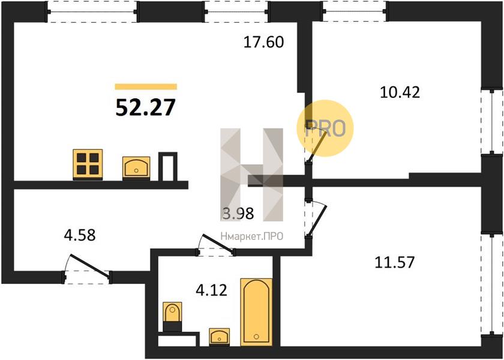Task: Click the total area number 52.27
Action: click(146, 107)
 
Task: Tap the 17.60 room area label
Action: click(263, 42)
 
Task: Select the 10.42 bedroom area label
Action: click(400, 92)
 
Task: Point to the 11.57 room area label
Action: click(395, 262)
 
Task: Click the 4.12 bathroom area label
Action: click(211, 290)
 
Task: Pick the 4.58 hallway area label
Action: click(80, 235)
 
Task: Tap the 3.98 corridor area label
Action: click(238, 214)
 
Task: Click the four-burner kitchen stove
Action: click(88, 164)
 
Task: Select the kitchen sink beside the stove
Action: click(136, 168)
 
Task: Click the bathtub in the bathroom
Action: click(256, 312)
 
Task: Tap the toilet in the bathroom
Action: click(172, 317)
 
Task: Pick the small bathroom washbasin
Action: click(219, 337)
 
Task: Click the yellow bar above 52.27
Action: click(146, 86)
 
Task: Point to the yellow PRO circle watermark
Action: click(325, 128)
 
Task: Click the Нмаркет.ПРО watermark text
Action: click(252, 236)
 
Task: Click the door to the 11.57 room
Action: click(317, 221)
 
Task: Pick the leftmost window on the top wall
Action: click(92, 12)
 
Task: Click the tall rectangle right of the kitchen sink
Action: click(168, 167)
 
